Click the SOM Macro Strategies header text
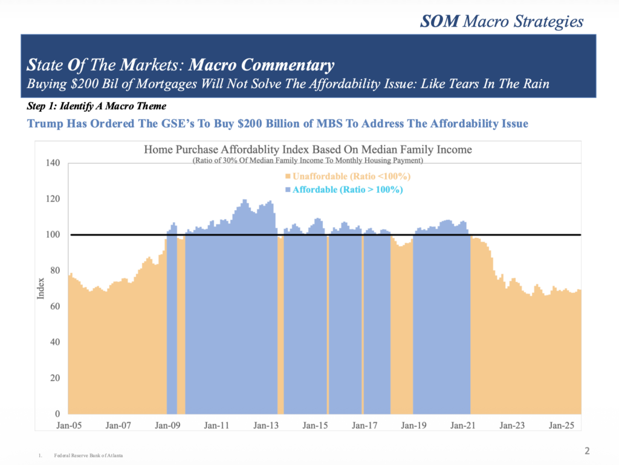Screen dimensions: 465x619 [502, 22]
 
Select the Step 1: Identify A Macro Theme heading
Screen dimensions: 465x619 [97, 106]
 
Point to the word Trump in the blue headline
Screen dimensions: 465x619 [46, 123]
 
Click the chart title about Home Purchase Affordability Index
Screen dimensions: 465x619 [308, 149]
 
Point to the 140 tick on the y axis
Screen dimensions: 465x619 [53, 163]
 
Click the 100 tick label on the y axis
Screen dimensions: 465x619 [53, 235]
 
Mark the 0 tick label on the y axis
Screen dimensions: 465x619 [57, 414]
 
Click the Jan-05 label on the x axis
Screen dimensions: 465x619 [69, 425]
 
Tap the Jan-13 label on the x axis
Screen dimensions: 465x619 [266, 425]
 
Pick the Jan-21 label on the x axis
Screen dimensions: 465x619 [463, 425]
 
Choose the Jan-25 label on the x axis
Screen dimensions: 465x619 [562, 425]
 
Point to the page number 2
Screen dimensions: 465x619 [588, 451]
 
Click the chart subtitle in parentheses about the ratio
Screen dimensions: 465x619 [308, 161]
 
